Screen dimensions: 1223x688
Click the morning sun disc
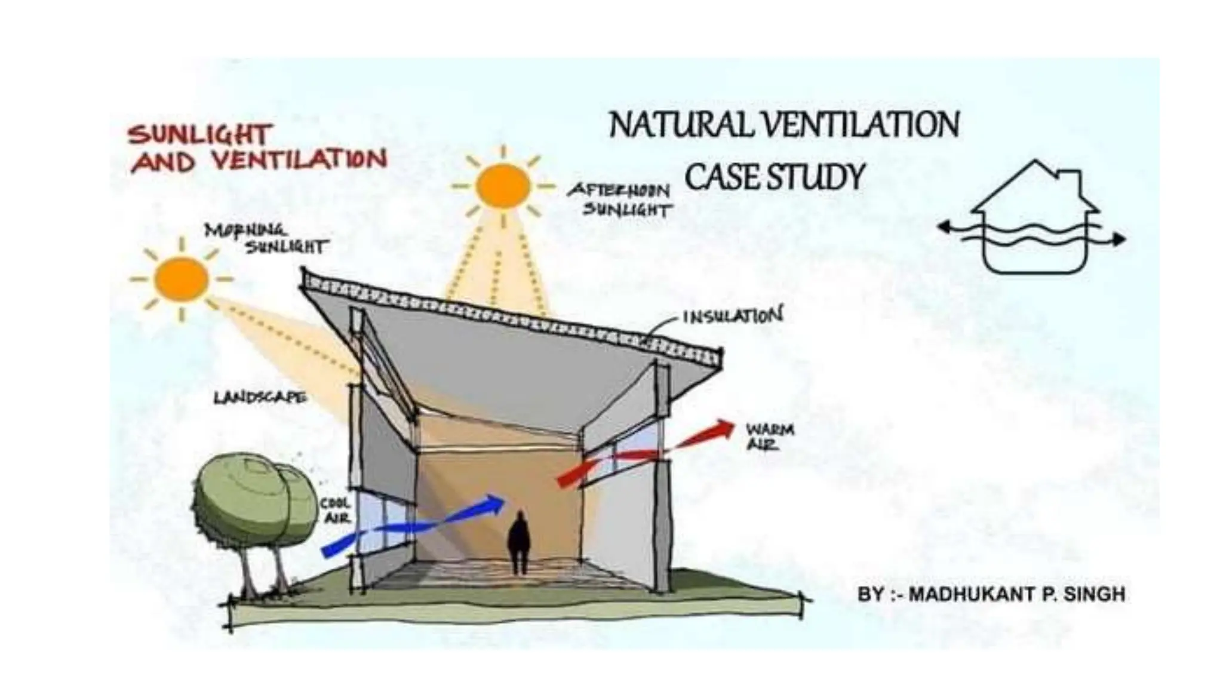pos(181,279)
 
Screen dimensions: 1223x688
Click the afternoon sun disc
pos(503,186)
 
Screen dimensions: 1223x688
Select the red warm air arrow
pos(645,454)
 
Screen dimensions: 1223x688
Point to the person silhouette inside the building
pos(519,542)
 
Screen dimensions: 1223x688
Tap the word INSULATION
pos(732,315)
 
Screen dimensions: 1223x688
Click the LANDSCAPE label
pos(260,397)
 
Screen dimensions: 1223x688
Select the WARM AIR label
pos(769,437)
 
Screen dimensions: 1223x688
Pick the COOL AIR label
pos(336,511)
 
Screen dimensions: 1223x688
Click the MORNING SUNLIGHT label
pos(265,238)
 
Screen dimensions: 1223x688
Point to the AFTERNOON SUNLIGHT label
pos(619,199)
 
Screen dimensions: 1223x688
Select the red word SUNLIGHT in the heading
pos(201,134)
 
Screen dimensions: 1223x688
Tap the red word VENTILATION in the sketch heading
pos(299,161)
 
